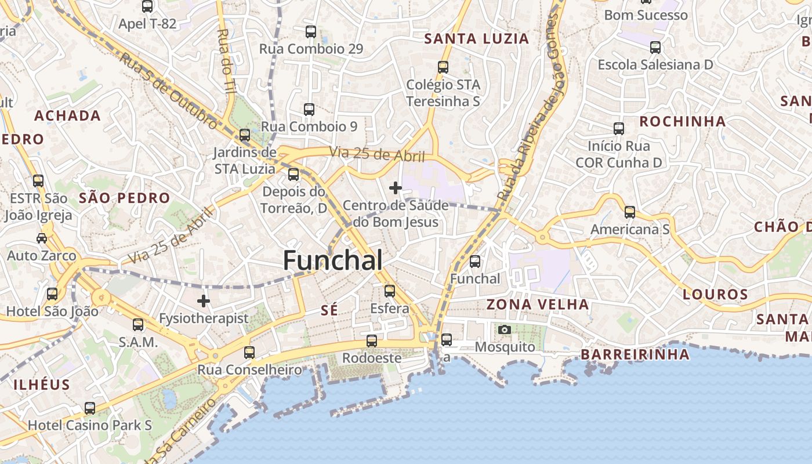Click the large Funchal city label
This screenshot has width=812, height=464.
(x=332, y=260)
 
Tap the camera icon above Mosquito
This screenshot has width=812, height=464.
(x=505, y=330)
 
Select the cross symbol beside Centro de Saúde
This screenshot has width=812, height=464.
(x=396, y=188)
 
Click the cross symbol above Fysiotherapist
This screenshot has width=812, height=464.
(x=204, y=301)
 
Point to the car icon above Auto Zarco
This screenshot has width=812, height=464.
(x=42, y=238)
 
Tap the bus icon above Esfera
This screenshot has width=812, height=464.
(x=390, y=291)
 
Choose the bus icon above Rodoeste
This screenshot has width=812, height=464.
(x=372, y=340)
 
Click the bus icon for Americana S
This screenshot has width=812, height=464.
(x=630, y=212)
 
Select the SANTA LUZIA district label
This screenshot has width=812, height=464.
(x=477, y=39)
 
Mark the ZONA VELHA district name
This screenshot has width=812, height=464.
(x=537, y=304)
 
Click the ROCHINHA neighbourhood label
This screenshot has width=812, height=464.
(x=682, y=121)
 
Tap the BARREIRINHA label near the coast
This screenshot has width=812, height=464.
(x=635, y=354)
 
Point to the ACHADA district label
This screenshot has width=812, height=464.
(x=67, y=115)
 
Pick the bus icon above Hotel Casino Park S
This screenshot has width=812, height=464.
(x=90, y=408)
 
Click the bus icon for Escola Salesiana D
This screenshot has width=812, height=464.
(x=655, y=48)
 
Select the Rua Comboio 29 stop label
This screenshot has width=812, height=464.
(x=311, y=49)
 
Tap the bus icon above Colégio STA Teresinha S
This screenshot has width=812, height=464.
(x=443, y=67)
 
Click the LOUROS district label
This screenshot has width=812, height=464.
(x=715, y=294)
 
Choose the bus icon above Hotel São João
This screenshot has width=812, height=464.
(x=52, y=294)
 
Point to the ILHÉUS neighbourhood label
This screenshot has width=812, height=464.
(x=41, y=385)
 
